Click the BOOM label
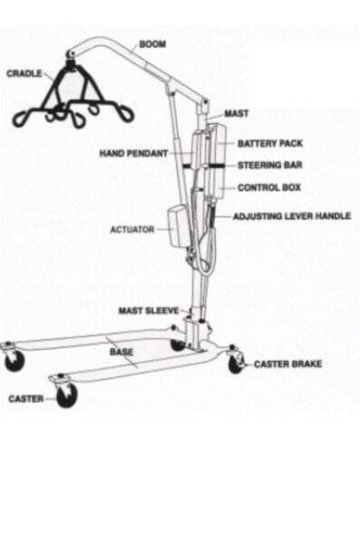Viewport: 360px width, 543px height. click(152, 43)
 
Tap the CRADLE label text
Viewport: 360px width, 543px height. click(24, 73)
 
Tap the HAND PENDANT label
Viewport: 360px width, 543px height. click(133, 154)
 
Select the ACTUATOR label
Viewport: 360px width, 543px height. click(132, 230)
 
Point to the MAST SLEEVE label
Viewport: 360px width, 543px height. click(148, 310)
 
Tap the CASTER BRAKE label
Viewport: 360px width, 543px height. click(288, 364)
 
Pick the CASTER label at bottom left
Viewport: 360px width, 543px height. click(25, 397)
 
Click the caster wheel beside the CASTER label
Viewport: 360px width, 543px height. click(66, 395)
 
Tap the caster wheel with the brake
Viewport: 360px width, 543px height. click(236, 364)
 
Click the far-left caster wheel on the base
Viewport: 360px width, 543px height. click(14, 360)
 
